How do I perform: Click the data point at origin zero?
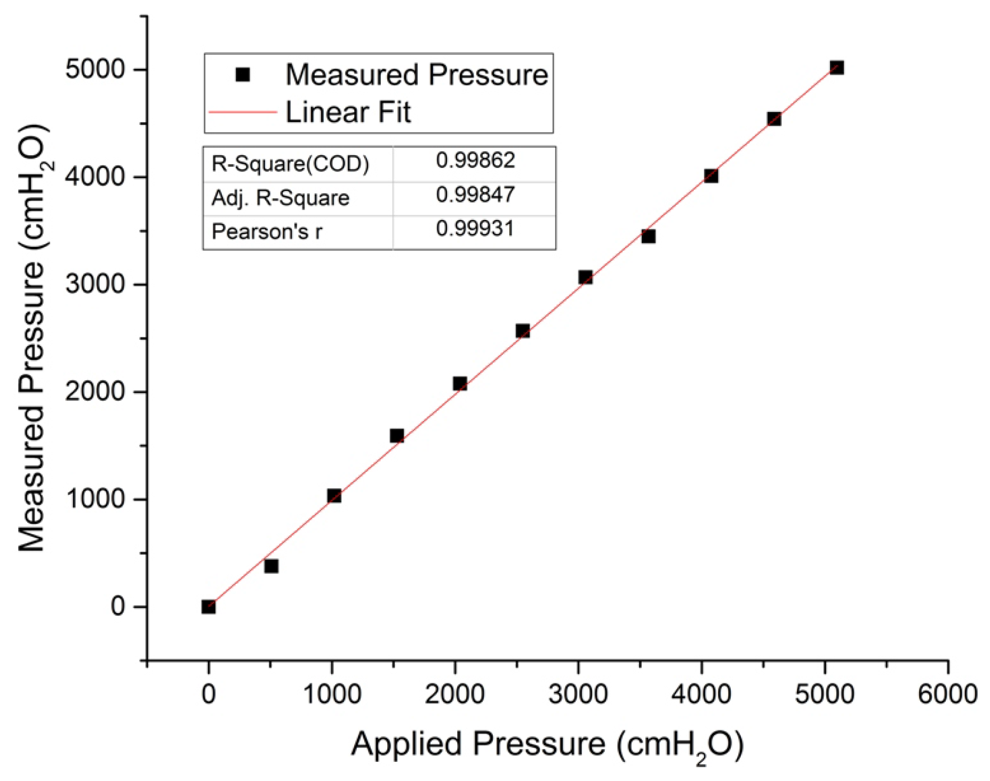click(209, 607)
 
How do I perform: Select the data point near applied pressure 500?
click(271, 566)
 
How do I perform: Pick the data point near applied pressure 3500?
click(648, 236)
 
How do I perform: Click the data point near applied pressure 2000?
click(460, 383)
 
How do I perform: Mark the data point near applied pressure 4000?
click(711, 176)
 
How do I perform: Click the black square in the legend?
click(243, 75)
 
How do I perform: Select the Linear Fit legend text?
click(348, 112)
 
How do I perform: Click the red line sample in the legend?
click(243, 112)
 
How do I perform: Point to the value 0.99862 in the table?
click(475, 160)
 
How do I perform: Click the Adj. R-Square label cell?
click(281, 198)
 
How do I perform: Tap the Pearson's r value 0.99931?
click(475, 229)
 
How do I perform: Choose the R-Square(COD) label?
click(290, 164)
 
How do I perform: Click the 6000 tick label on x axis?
click(947, 694)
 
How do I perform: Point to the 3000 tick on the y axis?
click(95, 284)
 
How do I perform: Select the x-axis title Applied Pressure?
click(547, 744)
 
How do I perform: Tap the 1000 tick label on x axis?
click(332, 694)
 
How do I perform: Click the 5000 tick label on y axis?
click(95, 69)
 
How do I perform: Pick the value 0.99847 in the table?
click(475, 195)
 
